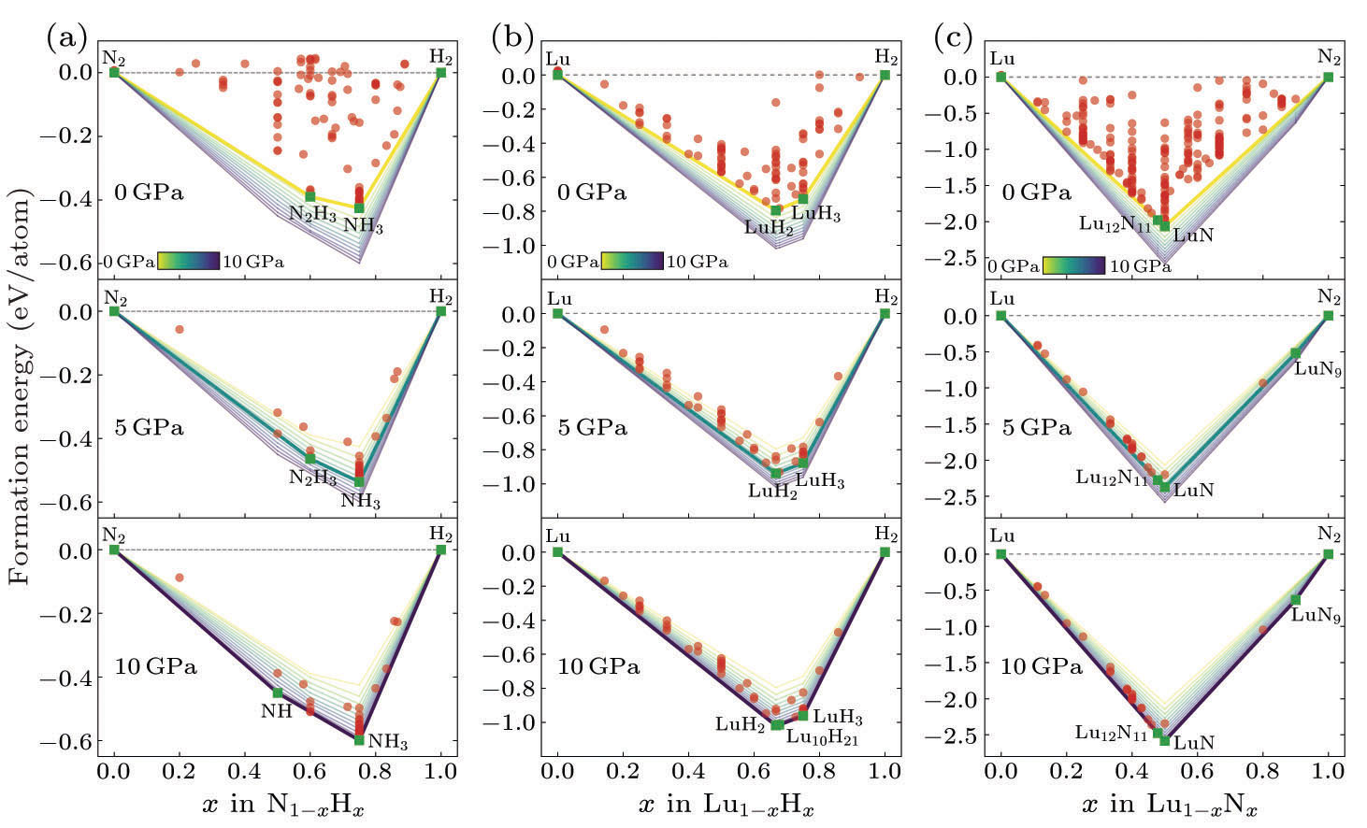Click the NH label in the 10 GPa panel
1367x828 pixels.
(x=277, y=711)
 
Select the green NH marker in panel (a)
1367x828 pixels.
(x=278, y=692)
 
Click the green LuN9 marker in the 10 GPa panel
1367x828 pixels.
(x=1296, y=599)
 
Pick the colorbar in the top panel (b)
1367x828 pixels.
(x=632, y=262)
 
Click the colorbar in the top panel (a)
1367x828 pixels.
(x=188, y=262)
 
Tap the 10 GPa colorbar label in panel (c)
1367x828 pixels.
(x=1140, y=266)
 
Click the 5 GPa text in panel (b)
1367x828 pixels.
(x=593, y=428)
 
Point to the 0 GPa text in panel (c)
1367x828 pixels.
(x=1036, y=193)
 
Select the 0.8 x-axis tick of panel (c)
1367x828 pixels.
(x=1262, y=773)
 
